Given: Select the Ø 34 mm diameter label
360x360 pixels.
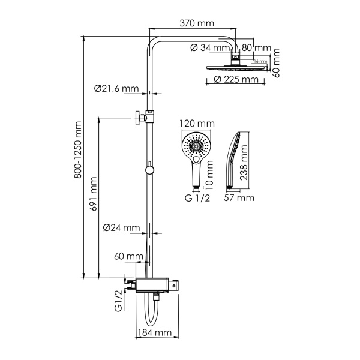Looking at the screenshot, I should click(x=210, y=48).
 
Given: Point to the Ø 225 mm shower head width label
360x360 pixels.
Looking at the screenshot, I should click(x=233, y=80).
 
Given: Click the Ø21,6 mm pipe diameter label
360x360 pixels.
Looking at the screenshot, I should click(x=116, y=88).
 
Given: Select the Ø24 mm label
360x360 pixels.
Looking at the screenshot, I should click(x=121, y=228).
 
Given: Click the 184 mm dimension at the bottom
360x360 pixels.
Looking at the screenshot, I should click(x=155, y=332).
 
